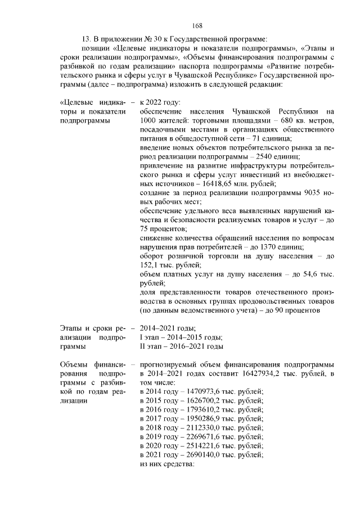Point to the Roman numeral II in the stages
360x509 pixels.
[x=142, y=337]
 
